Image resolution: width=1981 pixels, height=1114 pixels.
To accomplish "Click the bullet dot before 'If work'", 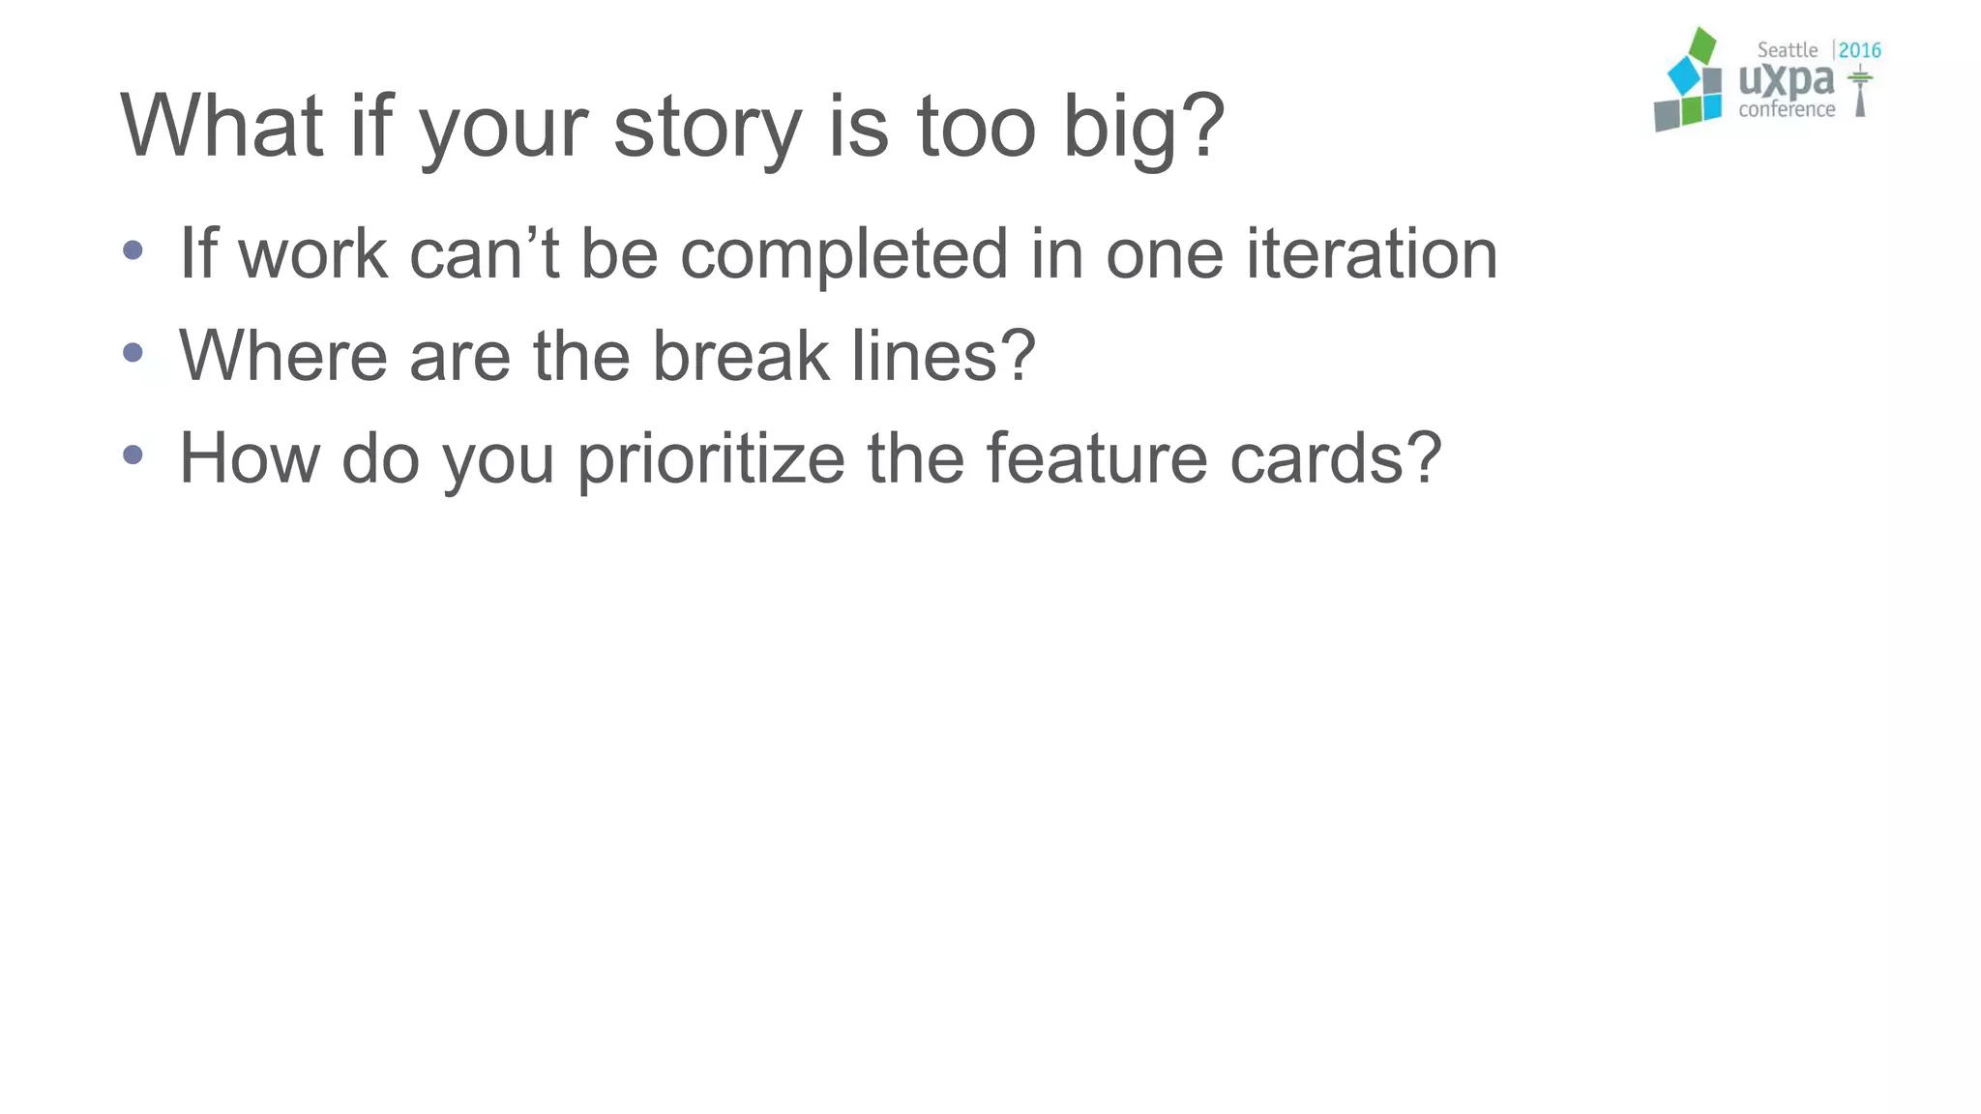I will click(133, 251).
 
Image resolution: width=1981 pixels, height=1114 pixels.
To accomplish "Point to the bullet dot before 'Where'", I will click(133, 353).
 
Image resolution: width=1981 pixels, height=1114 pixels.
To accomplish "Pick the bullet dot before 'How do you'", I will click(133, 454).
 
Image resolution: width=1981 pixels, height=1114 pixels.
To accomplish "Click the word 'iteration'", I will click(1372, 253).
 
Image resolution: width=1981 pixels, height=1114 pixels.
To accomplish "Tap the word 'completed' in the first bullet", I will click(843, 255).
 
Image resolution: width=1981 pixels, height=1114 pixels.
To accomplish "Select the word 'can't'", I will click(485, 255).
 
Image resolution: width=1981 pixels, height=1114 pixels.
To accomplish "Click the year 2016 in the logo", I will click(1859, 50).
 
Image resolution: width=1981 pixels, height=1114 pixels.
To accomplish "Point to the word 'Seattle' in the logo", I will click(1787, 50).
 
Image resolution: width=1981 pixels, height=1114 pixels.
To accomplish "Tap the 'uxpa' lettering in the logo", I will click(1786, 81).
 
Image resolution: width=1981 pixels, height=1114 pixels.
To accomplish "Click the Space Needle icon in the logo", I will click(1859, 91).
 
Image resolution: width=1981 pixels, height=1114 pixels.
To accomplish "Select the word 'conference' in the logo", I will click(1787, 109).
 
